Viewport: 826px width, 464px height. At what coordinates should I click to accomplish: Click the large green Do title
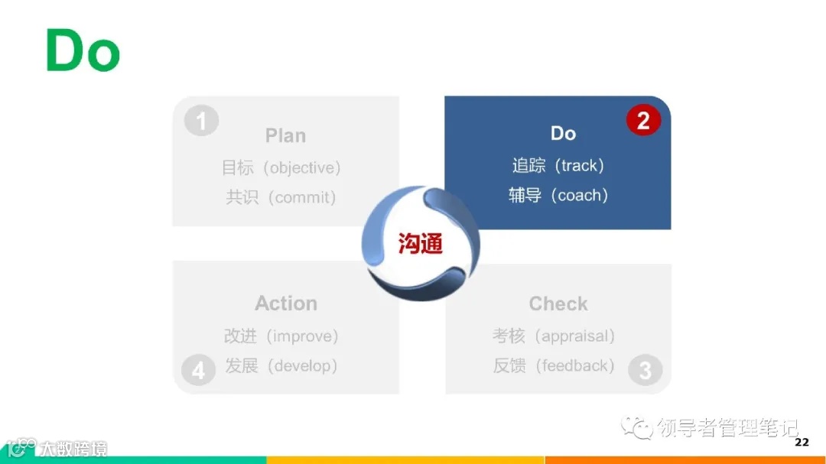83,50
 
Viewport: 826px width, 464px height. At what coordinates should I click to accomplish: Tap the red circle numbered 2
643,121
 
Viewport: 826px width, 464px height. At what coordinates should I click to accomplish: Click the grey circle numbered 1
201,121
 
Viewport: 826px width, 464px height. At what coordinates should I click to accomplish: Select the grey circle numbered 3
645,371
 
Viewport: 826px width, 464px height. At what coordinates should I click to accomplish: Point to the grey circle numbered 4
198,371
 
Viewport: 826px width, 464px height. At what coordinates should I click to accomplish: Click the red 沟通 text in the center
420,244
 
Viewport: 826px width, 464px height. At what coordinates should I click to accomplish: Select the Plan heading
285,135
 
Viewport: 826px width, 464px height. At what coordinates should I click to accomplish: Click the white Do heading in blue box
563,133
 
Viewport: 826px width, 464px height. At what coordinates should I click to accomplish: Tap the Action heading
286,303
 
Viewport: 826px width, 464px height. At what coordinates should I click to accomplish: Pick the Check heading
558,303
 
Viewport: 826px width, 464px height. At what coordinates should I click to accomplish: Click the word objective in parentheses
302,167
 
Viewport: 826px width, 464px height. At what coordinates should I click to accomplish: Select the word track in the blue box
579,165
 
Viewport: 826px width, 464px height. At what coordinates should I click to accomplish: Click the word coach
582,195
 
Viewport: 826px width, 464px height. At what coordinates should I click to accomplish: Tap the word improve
304,336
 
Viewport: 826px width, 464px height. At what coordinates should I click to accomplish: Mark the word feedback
576,366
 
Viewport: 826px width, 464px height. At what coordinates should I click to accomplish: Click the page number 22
802,443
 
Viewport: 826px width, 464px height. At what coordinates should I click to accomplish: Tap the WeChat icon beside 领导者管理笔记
637,427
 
